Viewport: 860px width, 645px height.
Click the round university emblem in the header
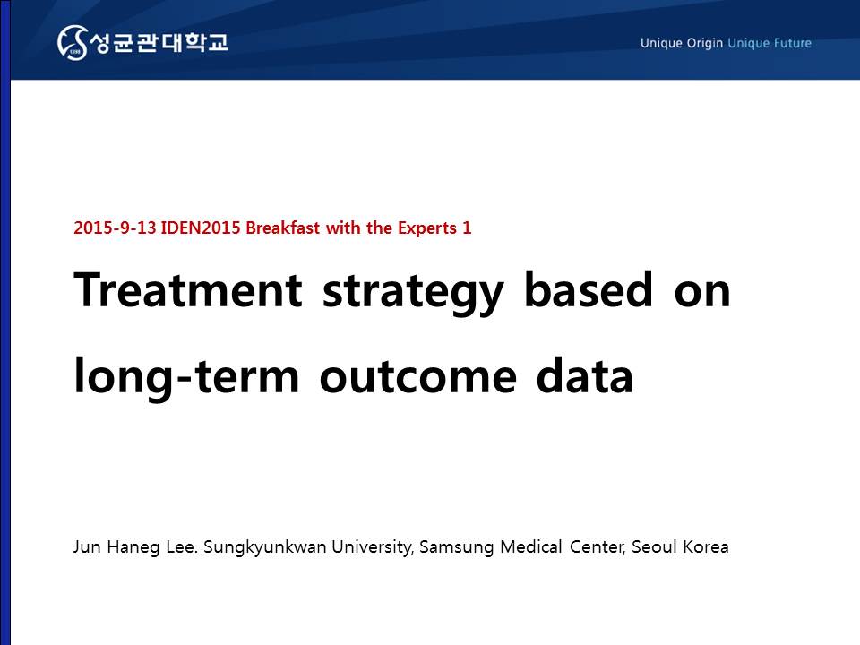73,42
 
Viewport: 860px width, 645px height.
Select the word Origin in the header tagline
705,43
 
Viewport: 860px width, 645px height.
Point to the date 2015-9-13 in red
116,228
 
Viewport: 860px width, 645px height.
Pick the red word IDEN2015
200,228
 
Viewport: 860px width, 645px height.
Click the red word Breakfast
282,228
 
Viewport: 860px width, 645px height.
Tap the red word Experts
427,228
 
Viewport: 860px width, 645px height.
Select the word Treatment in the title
187,289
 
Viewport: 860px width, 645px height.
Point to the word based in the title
589,288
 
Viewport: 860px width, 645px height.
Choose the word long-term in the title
186,377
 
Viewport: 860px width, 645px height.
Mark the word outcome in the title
418,377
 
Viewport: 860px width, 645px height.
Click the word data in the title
585,375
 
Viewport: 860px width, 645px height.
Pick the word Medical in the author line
531,546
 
